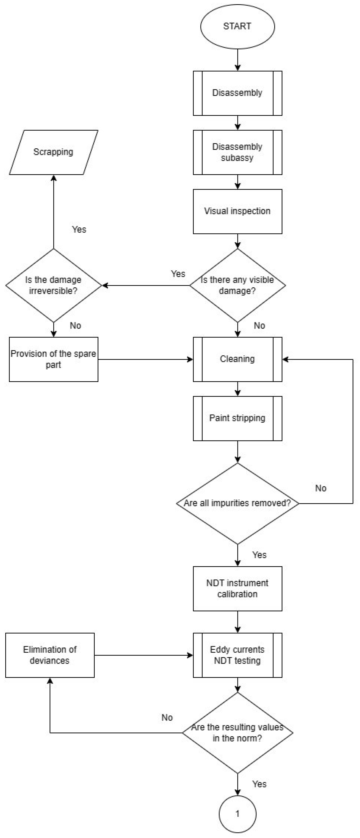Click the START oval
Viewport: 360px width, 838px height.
pyautogui.click(x=237, y=26)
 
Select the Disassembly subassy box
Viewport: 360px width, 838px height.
pyautogui.click(x=237, y=152)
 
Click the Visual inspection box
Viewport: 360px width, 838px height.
pyautogui.click(x=237, y=211)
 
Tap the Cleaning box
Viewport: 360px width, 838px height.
pyautogui.click(x=237, y=359)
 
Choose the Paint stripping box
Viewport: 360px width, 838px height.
pyautogui.click(x=237, y=418)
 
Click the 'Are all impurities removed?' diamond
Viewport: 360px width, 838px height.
pyautogui.click(x=237, y=503)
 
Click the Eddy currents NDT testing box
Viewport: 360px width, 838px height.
pyautogui.click(x=237, y=655)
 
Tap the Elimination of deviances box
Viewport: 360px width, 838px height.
pyautogui.click(x=50, y=655)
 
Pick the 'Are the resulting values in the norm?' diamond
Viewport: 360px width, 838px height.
pyautogui.click(x=237, y=733)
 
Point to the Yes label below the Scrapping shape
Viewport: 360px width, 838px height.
pyautogui.click(x=79, y=230)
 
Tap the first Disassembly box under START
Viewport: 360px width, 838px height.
pyautogui.click(x=237, y=93)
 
